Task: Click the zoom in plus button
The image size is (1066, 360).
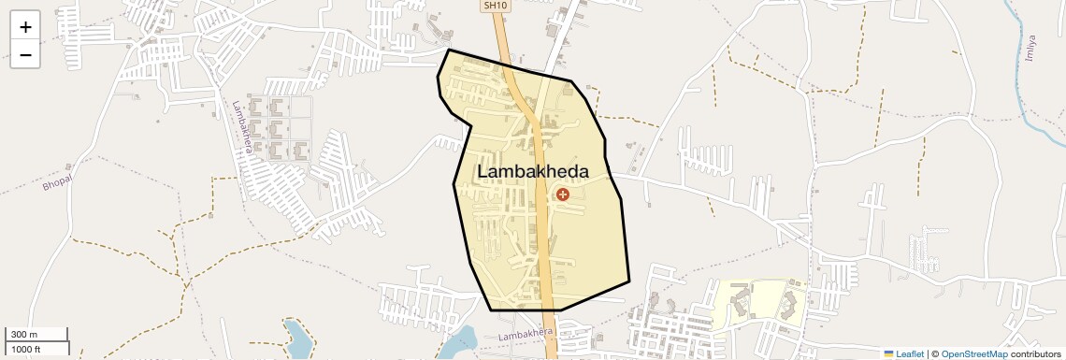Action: tap(25, 27)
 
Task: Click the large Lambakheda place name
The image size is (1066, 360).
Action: tap(533, 172)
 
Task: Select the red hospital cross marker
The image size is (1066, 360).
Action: tap(563, 194)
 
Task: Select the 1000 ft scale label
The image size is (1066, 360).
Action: tap(26, 349)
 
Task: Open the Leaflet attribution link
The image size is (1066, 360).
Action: tap(909, 353)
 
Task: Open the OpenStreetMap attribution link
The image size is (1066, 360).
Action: tap(973, 353)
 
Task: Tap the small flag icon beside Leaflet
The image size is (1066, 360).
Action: tap(888, 353)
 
